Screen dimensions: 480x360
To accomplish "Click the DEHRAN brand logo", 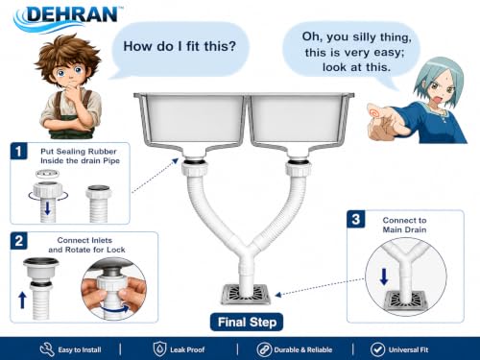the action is pyautogui.click(x=68, y=17).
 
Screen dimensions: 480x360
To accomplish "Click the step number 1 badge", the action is pyautogui.click(x=19, y=151).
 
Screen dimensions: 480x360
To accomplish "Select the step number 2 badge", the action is pyautogui.click(x=19, y=241).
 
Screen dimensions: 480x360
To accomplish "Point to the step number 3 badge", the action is pyautogui.click(x=356, y=219).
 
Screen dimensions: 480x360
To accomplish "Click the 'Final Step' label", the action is pyautogui.click(x=247, y=322).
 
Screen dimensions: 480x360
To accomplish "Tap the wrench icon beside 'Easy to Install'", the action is pyautogui.click(x=47, y=349).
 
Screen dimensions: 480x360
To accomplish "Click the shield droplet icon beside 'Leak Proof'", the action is pyautogui.click(x=159, y=349).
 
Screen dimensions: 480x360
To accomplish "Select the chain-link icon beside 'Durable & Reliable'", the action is pyautogui.click(x=264, y=349).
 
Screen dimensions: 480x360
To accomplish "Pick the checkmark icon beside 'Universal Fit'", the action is pyautogui.click(x=377, y=349).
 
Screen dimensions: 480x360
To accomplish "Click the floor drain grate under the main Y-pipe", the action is pyautogui.click(x=246, y=295).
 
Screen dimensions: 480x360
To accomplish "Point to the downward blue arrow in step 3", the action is pyautogui.click(x=384, y=276).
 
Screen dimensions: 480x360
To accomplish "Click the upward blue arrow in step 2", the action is pyautogui.click(x=22, y=300).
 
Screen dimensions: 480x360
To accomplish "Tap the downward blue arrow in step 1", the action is pyautogui.click(x=47, y=208).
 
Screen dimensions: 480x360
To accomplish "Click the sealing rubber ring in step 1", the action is pyautogui.click(x=47, y=174).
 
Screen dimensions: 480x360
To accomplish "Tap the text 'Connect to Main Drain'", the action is pyautogui.click(x=404, y=225).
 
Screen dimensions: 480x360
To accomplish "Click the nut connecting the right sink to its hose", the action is pyautogui.click(x=299, y=168).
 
